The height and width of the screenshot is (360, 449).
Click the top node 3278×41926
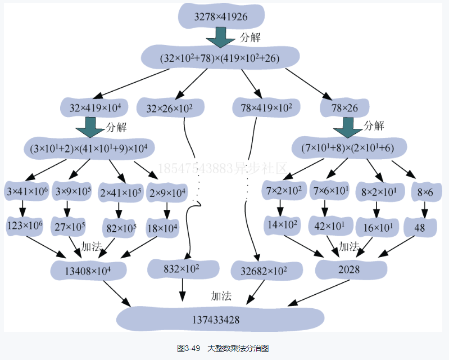(220, 17)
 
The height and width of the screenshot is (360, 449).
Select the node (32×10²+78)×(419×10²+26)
(219, 58)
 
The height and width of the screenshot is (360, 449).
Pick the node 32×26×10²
(169, 107)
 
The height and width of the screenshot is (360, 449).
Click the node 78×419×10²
(266, 107)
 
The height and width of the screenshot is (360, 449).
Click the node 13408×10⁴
(88, 271)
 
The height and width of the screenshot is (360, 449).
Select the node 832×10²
(182, 269)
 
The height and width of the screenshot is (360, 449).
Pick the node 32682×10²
(264, 271)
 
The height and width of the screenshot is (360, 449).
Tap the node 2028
(348, 270)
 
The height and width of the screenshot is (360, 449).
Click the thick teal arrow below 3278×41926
(220, 39)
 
